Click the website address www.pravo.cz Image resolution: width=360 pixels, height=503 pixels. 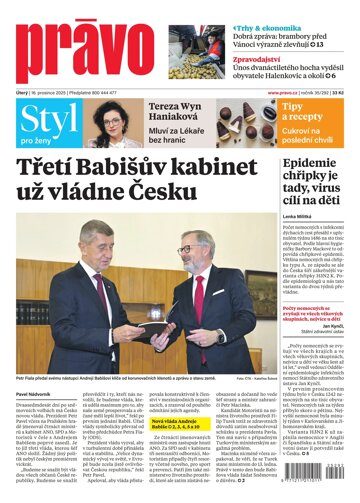click(x=284, y=93)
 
